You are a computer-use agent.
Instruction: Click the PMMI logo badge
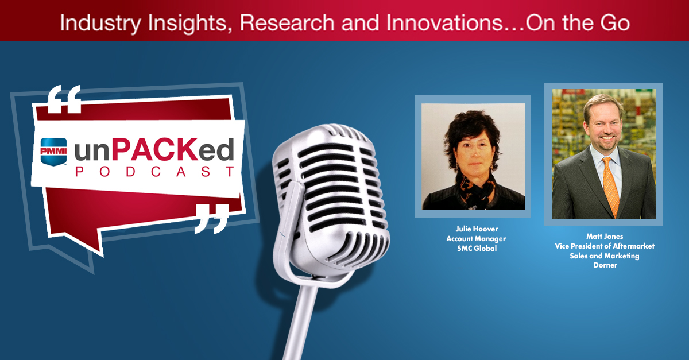click(53, 152)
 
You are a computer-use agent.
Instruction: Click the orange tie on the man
click(610, 184)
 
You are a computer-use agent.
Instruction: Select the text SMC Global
click(473, 248)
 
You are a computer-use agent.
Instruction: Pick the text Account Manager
click(473, 239)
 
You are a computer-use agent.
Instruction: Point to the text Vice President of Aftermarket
click(604, 246)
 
